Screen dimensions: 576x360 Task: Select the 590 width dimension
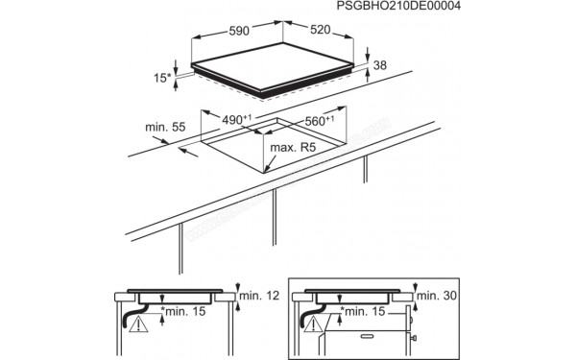(x=234, y=32)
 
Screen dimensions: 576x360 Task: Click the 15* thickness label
(x=161, y=77)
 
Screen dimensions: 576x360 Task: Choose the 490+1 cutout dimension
(x=236, y=119)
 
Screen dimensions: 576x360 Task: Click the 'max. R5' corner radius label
(x=293, y=148)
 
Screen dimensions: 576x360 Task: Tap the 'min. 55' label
(x=164, y=126)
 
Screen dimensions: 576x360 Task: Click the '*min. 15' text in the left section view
(x=185, y=312)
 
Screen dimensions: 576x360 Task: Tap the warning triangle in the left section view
(x=141, y=326)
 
